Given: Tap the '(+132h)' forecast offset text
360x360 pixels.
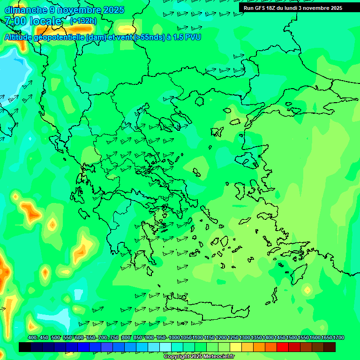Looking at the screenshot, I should pos(83,21).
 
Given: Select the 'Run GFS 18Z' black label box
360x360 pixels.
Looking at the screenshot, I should pos(292,8).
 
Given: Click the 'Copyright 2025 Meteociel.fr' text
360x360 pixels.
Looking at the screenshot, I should pos(199,356).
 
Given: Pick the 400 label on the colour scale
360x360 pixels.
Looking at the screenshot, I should pos(32,337).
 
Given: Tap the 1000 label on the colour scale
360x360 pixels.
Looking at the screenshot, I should pos(174,337).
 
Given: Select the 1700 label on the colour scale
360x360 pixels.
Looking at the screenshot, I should pos(338,337).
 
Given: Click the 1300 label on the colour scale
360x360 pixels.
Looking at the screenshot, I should pos(245,337).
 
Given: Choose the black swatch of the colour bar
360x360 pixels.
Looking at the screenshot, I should pos(25,347).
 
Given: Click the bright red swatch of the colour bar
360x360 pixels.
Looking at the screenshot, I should pos(283,347).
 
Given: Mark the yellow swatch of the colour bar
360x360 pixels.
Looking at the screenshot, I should pos(236,347).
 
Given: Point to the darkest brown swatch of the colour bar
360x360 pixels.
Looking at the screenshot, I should pos(330,347).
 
